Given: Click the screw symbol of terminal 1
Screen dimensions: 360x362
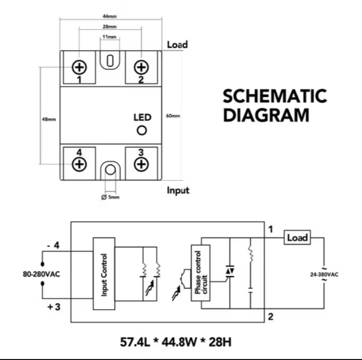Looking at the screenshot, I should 80,67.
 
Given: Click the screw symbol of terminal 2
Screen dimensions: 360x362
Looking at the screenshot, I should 141,67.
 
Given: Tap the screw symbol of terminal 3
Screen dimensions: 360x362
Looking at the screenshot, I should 141,163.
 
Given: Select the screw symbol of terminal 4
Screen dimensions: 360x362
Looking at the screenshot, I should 80,163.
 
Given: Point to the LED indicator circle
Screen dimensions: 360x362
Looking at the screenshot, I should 142,131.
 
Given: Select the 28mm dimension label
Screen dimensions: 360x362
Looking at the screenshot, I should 110,27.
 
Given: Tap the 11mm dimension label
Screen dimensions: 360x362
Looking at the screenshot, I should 110,37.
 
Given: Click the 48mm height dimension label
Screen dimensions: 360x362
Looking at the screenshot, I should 49,120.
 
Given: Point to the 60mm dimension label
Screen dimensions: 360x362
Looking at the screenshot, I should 173,116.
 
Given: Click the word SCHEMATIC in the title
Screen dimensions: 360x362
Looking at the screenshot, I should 274,96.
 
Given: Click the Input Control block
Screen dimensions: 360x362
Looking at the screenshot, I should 104,274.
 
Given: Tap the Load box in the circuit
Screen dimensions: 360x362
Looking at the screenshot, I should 297,237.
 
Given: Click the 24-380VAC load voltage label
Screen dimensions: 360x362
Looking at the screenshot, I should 324,275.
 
